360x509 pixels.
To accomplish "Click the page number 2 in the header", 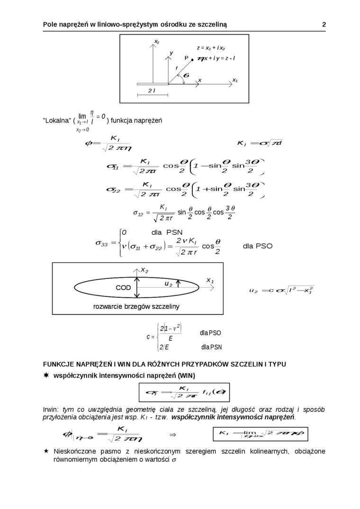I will click(324, 25).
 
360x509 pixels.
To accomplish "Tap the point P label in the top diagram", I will click(187, 58).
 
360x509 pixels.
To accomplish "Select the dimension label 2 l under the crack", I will click(152, 90).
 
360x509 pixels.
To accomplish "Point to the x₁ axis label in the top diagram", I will click(234, 80).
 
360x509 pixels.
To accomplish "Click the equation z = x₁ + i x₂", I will click(211, 48).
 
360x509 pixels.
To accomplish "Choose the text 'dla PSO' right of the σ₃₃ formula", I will click(258, 246).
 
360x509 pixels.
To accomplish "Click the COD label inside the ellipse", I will click(123, 288).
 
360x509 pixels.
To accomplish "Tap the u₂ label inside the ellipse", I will click(168, 284).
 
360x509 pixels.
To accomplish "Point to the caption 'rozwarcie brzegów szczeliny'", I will click(136, 307).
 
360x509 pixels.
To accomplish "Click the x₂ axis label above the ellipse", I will click(144, 270).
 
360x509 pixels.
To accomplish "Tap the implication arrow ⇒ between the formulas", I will click(173, 434).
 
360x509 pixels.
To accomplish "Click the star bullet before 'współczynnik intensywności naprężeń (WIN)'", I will click(46, 375).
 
